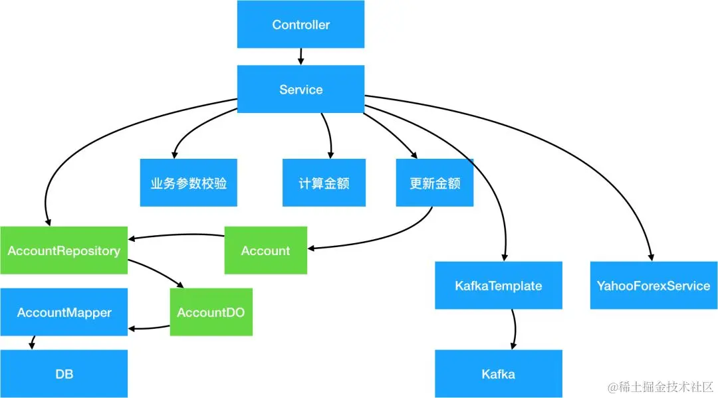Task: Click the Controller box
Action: (x=300, y=25)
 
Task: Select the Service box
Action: (x=300, y=89)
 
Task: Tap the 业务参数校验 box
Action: (x=188, y=183)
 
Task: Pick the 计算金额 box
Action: (x=324, y=183)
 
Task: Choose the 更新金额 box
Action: (x=435, y=183)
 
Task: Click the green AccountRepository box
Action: (x=63, y=250)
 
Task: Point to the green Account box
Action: (x=266, y=250)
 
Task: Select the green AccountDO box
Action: (x=211, y=312)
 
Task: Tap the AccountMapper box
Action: (x=63, y=312)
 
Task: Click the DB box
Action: (x=63, y=373)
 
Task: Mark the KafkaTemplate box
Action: (x=498, y=286)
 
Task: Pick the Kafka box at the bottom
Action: (x=498, y=373)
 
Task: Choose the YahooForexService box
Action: (x=653, y=286)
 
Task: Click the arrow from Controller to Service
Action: (x=300, y=56)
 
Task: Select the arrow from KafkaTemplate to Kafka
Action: (x=513, y=330)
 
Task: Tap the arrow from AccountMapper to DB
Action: (x=31, y=343)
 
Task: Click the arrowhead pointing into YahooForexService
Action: (x=651, y=257)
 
